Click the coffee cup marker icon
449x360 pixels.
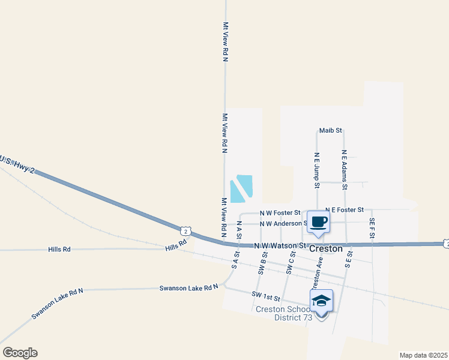pos(318,222)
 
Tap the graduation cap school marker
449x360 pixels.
pos(321,301)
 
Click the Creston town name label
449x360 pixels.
pos(325,248)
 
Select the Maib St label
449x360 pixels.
pos(330,130)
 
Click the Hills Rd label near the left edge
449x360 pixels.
pos(59,249)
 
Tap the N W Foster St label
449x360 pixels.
pos(280,212)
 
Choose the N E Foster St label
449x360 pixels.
pos(345,209)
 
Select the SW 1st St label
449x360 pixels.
pos(267,297)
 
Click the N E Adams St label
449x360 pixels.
pos(345,169)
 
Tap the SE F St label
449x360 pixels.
pos(372,229)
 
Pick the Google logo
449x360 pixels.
pos(20,353)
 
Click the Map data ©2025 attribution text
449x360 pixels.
pos(424,355)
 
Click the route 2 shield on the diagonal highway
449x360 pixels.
pos(186,230)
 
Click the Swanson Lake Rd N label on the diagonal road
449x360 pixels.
pos(58,303)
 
